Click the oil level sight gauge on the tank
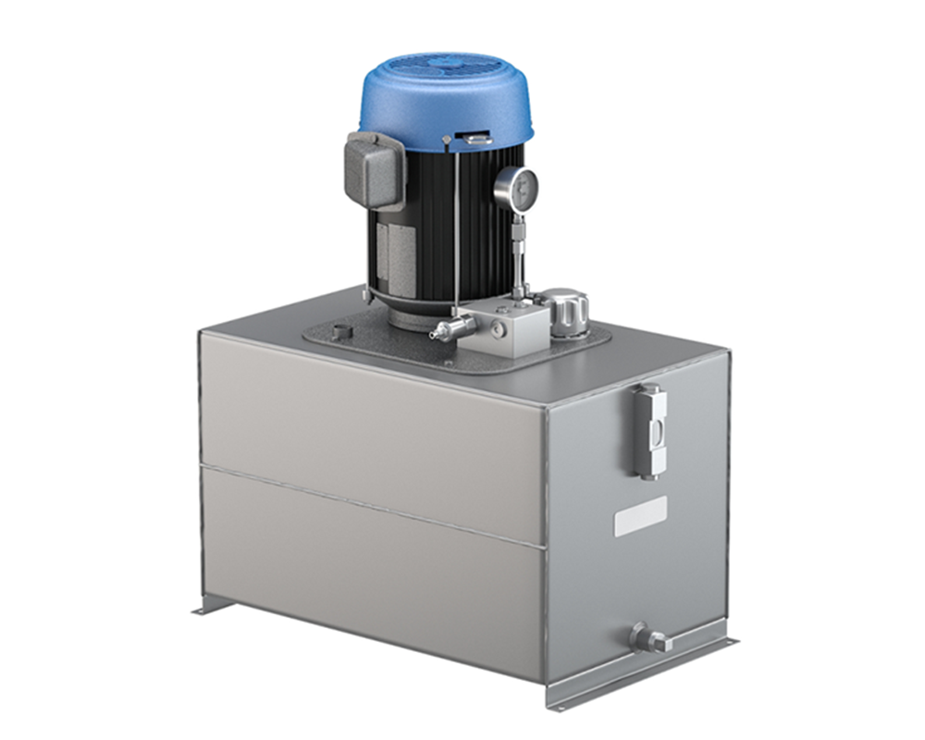pos(650,430)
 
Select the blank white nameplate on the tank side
pos(640,516)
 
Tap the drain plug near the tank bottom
pos(648,638)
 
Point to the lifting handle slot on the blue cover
pos(477,140)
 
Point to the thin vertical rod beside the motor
pos(456,231)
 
